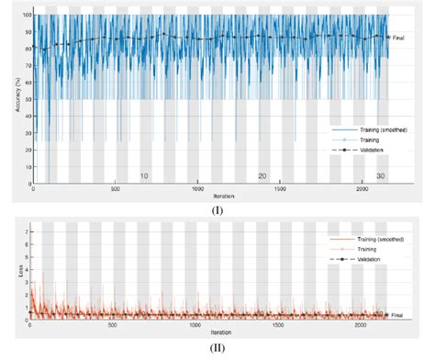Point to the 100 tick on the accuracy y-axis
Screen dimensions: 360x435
[28, 16]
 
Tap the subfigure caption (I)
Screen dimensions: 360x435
[217, 209]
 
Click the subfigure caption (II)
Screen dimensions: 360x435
[217, 347]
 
